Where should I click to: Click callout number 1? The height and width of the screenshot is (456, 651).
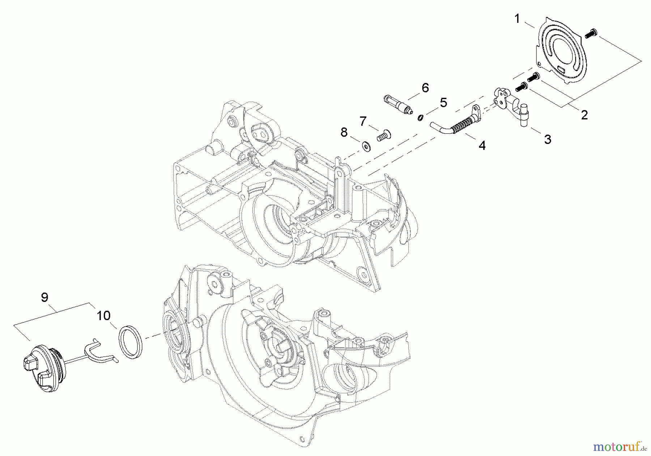coord(517,19)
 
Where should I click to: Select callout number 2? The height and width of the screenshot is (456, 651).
coord(584,115)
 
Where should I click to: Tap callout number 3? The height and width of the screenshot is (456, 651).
coord(548,139)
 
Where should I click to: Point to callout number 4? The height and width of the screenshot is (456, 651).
coord(482,145)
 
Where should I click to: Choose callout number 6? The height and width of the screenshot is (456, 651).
coord(425,88)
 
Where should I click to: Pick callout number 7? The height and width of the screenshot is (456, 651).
coord(363,121)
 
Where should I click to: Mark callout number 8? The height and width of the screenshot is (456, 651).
coord(344,132)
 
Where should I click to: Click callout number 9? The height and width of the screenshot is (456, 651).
coord(44,297)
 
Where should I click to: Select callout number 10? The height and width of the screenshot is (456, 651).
coord(103,315)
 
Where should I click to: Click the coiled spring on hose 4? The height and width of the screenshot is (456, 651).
coord(459,123)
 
